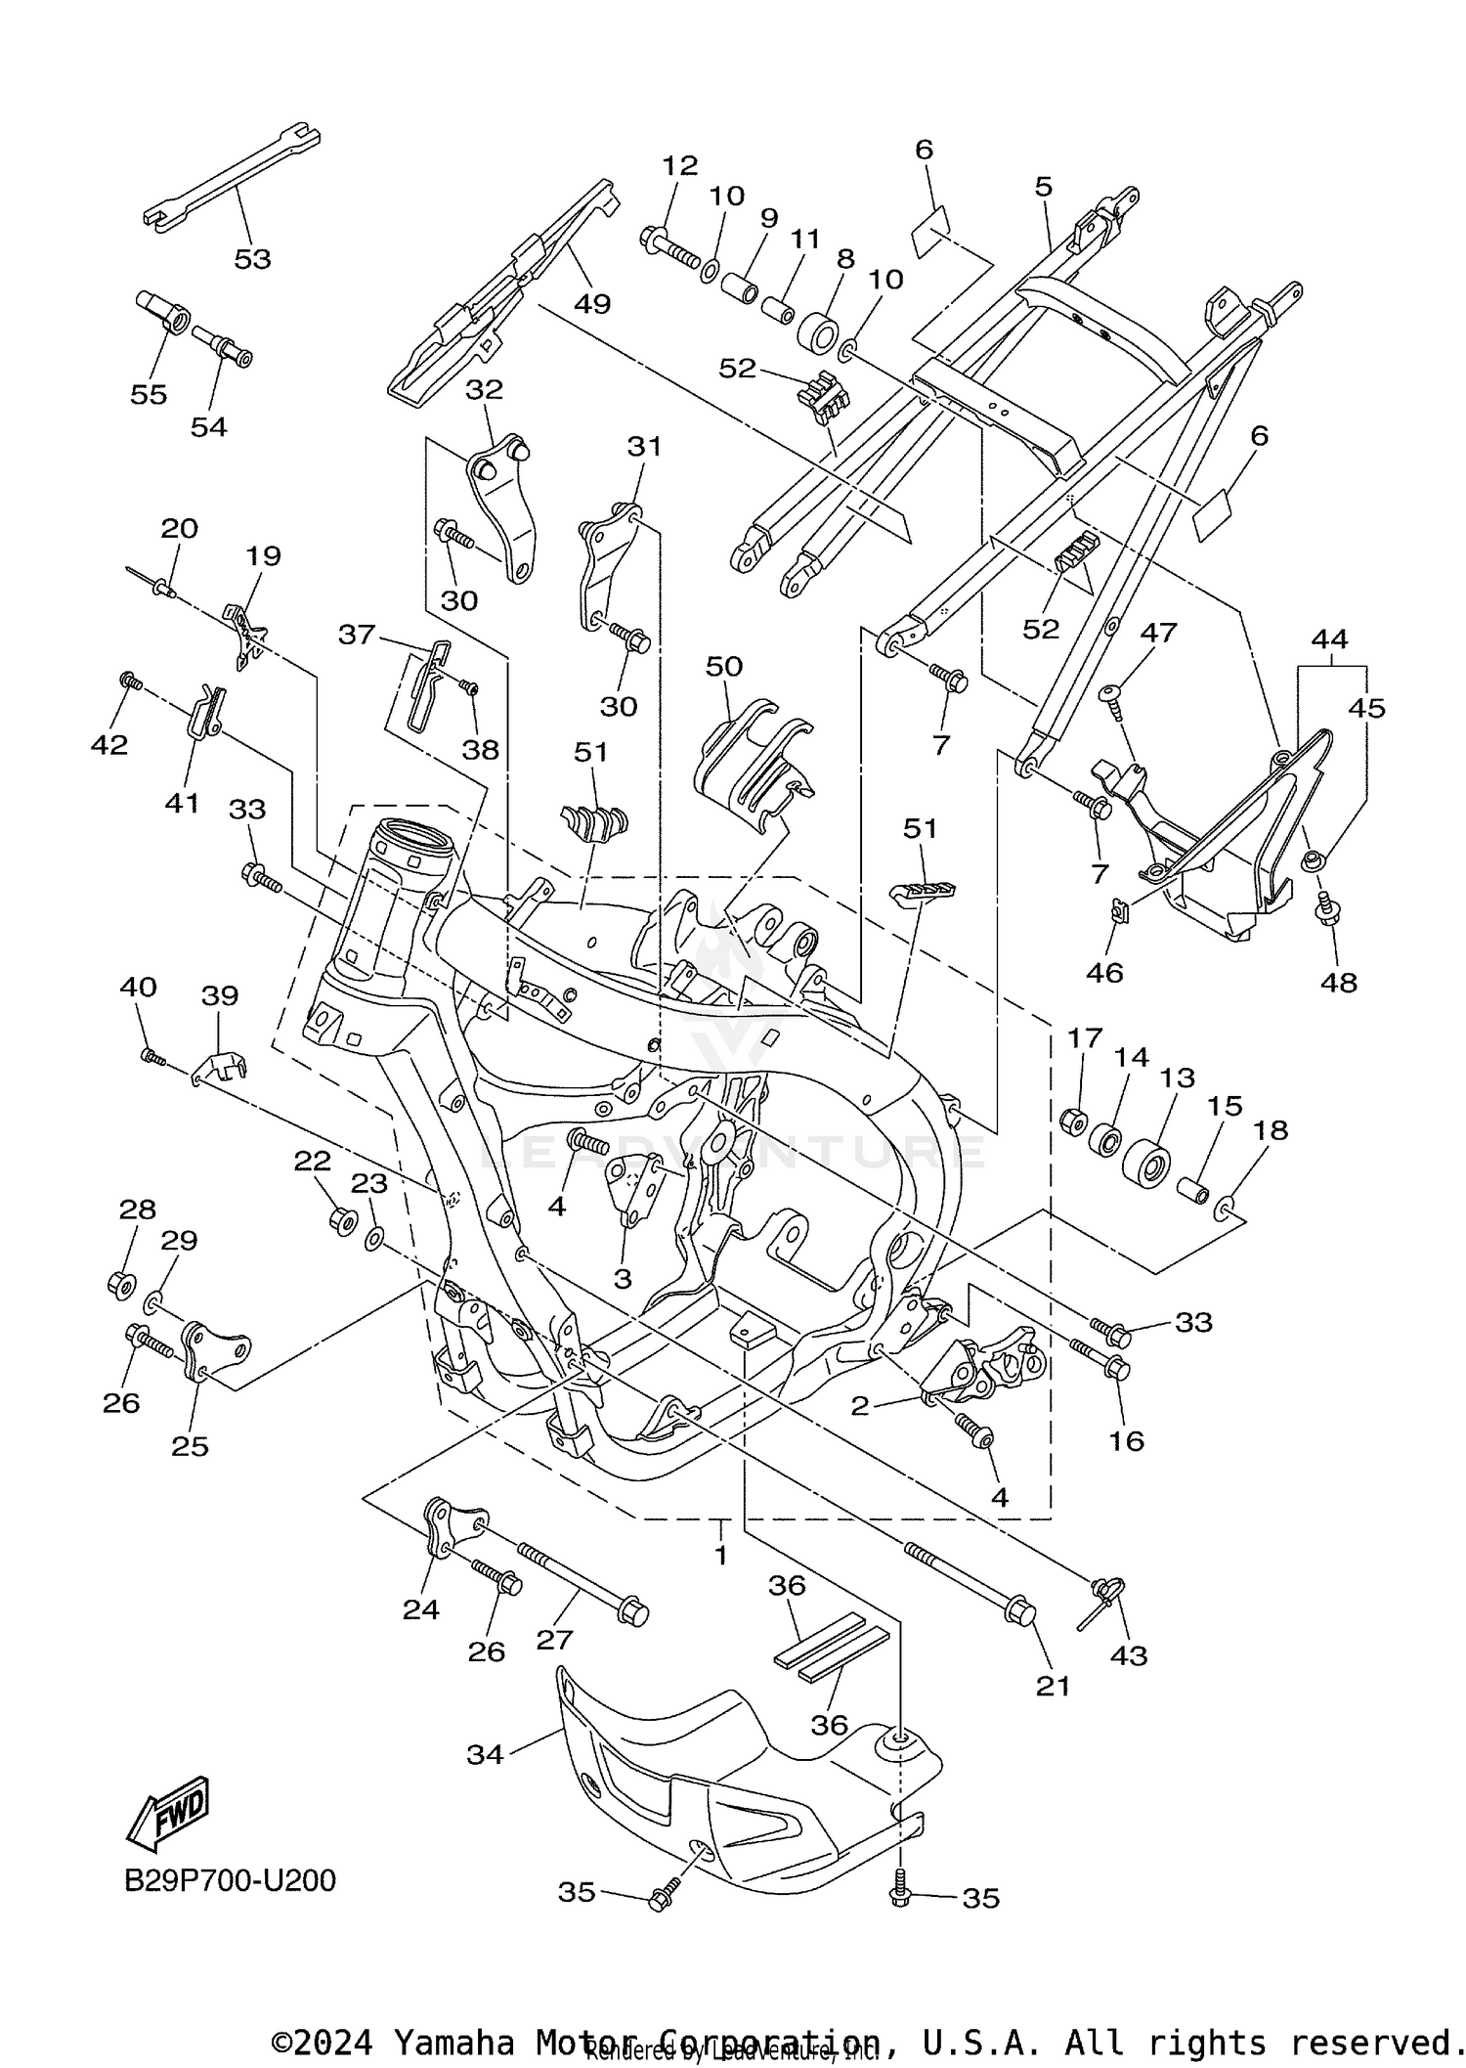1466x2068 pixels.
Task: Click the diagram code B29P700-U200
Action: [230, 1880]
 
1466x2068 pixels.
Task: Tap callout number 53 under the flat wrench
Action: [252, 259]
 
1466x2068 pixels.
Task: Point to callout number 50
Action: [724, 667]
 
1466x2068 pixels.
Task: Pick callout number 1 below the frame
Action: [720, 1554]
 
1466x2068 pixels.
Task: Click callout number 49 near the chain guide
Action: [592, 303]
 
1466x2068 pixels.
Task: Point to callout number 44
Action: [1330, 640]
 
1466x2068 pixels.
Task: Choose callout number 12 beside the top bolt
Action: [679, 165]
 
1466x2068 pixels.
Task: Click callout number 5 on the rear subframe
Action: [1044, 186]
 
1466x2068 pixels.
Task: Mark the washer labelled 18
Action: [1226, 1212]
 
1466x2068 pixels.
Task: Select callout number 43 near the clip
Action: [1129, 1655]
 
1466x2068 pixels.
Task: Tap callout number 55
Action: [149, 394]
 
